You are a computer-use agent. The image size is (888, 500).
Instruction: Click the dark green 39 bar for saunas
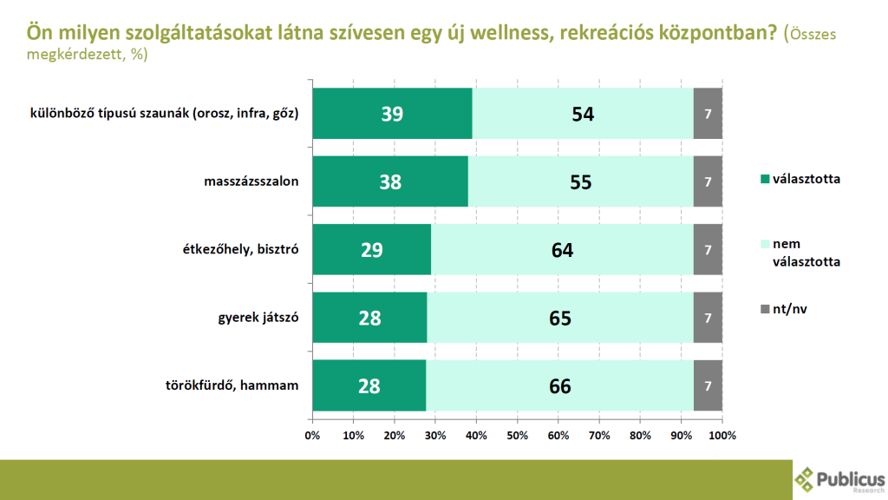[392, 114]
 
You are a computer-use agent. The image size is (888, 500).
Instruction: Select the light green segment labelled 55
[580, 181]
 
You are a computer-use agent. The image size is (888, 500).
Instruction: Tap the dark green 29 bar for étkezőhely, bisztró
[371, 250]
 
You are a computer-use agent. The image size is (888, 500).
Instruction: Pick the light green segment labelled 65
[560, 318]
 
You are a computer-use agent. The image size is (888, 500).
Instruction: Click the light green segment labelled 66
[560, 385]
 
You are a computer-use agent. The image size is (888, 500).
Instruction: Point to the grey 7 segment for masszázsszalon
[708, 181]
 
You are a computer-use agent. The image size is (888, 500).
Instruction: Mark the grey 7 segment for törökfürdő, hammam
[708, 385]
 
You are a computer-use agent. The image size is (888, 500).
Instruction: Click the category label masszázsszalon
[252, 182]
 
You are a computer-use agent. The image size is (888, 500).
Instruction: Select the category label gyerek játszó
[258, 318]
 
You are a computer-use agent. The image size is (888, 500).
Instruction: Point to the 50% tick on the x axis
[518, 435]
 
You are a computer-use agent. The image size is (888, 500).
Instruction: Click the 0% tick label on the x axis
[313, 435]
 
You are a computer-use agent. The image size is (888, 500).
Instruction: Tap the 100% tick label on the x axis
[721, 435]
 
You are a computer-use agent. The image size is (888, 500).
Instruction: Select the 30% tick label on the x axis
[435, 435]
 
